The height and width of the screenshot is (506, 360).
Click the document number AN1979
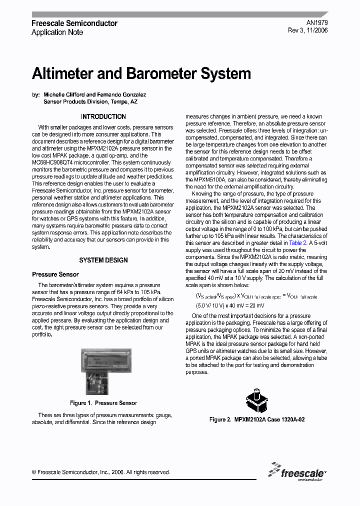pyautogui.click(x=318, y=23)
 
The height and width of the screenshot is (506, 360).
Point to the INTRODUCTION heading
pyautogui.click(x=103, y=116)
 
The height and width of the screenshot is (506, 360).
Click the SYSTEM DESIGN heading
pyautogui.click(x=103, y=260)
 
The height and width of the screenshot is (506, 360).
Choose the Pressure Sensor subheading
pyautogui.click(x=55, y=274)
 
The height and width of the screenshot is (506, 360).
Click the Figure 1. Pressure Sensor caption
pyautogui.click(x=103, y=403)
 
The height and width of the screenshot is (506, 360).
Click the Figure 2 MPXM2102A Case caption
pyautogui.click(x=257, y=419)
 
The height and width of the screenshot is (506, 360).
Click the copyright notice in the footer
pyautogui.click(x=100, y=472)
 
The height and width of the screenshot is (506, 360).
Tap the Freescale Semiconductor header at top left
pyautogui.click(x=74, y=23)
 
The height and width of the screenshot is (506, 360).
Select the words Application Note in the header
pyautogui.click(x=57, y=32)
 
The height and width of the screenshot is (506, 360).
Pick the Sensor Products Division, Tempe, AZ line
pyautogui.click(x=90, y=101)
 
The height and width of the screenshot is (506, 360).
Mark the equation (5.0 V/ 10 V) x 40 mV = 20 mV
pyautogui.click(x=230, y=305)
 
